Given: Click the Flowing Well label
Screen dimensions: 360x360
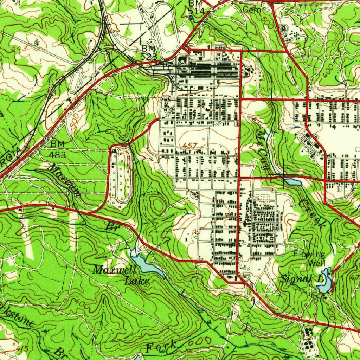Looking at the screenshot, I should point(310,258).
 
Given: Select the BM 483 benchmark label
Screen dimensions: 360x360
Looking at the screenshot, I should point(58,149).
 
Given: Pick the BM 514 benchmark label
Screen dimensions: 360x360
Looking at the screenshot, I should point(195,7).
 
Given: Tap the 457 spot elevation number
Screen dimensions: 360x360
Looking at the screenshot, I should point(190,145).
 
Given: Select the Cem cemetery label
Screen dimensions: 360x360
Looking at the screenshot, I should point(252,10).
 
